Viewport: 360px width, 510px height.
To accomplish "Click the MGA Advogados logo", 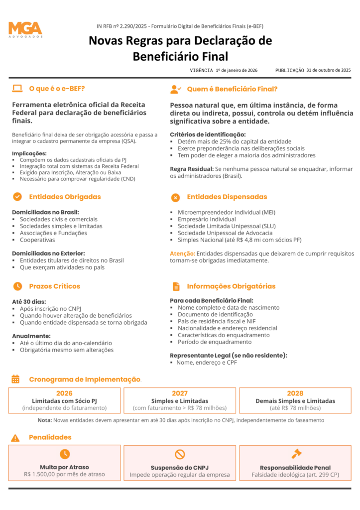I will tap(25, 29).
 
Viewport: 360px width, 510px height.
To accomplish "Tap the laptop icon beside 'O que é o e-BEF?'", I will tap(17, 89).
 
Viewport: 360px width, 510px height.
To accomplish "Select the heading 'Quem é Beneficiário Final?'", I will tap(232, 89).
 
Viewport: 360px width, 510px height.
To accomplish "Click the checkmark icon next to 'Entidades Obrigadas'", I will tap(17, 197).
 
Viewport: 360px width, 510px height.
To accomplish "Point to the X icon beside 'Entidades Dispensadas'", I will tap(175, 197).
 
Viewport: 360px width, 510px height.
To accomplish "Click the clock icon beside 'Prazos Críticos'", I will tap(17, 286).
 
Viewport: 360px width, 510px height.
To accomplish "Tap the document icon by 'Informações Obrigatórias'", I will tap(176, 286).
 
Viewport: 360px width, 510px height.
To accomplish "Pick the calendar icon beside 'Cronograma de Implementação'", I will tap(15, 379).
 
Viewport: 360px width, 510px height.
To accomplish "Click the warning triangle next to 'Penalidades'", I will tap(15, 437).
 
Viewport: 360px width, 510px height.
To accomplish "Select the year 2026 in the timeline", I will tap(64, 393).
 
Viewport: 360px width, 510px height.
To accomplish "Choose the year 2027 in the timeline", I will tap(180, 393).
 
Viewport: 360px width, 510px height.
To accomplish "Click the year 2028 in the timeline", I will tap(295, 393).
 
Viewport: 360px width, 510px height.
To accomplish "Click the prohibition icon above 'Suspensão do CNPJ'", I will tap(180, 454).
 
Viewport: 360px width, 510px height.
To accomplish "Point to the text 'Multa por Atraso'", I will tap(64, 467).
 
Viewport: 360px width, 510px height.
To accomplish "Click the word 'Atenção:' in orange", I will tap(182, 254).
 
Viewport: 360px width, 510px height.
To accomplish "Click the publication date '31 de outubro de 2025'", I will tap(329, 70).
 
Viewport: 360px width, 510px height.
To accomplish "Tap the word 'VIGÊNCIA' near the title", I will tap(201, 71).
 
